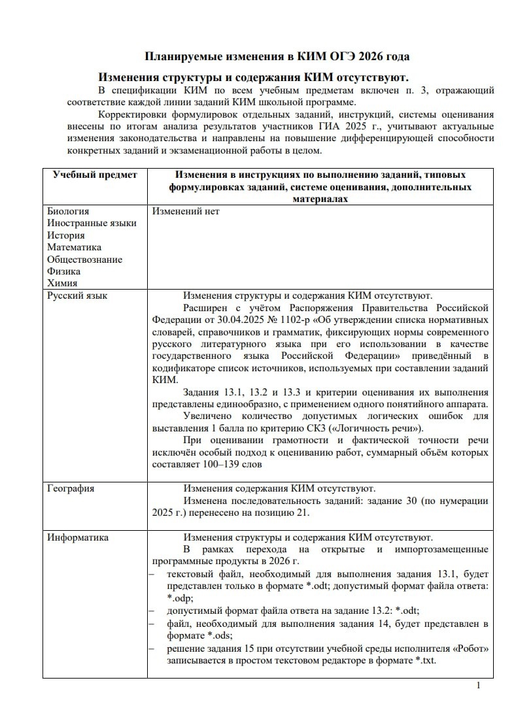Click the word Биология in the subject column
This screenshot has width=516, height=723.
68,211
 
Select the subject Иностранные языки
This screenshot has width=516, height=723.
92,224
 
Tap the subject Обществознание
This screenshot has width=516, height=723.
84,260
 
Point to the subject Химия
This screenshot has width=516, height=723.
62,283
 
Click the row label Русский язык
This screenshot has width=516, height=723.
77,295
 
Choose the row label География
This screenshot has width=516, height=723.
71,488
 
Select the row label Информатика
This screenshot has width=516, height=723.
78,537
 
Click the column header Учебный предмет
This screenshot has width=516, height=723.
95,175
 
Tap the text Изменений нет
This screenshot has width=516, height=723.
186,211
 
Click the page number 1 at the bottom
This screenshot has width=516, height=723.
479,685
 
